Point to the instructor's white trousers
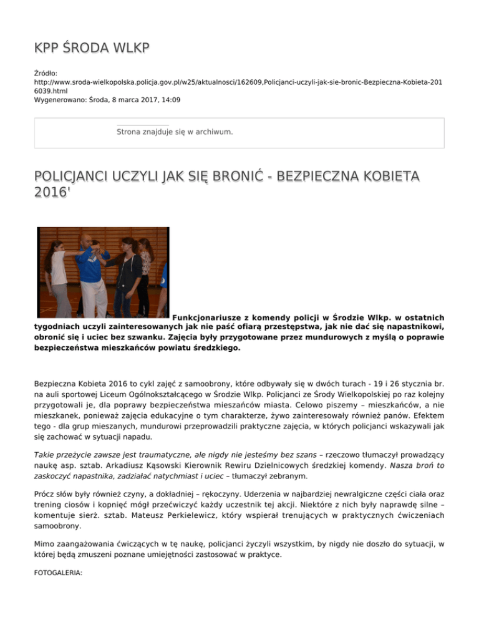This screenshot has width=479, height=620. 94,291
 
